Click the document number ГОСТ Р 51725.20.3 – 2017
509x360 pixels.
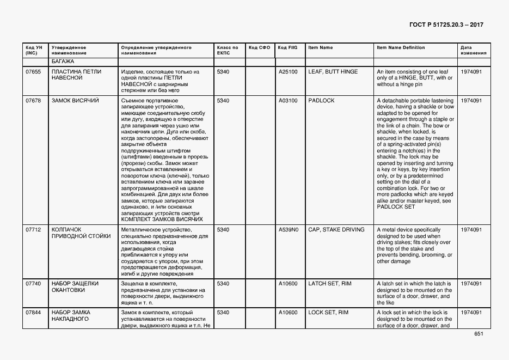click(446, 25)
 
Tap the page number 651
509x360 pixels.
click(479, 334)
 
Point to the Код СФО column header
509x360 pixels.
click(259, 48)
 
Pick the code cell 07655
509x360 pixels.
click(33, 72)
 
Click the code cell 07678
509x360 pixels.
click(33, 101)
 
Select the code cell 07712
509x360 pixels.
click(33, 230)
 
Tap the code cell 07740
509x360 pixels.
click(33, 283)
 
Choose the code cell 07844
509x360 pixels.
click(33, 313)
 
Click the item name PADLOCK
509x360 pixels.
click(321, 101)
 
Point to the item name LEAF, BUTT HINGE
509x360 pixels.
click(333, 72)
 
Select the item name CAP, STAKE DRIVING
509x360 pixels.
click(336, 230)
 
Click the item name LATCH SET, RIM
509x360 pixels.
click(328, 283)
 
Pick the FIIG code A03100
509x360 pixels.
click(288, 101)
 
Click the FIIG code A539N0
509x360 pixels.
click(289, 230)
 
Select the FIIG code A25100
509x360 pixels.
click(288, 72)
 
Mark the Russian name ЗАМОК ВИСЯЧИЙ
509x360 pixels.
click(75, 101)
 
